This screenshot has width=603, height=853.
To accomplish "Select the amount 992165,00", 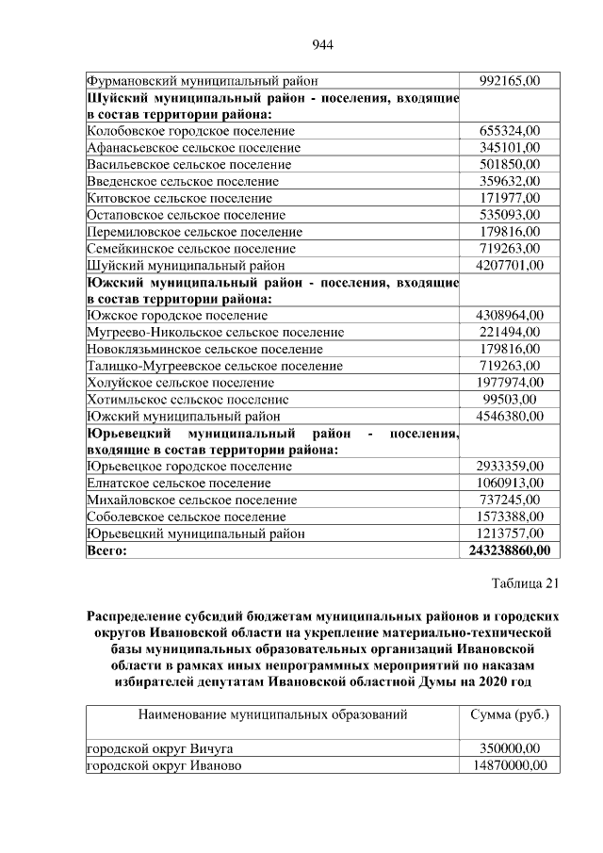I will coord(509,81).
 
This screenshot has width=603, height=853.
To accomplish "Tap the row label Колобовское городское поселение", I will coord(190,131).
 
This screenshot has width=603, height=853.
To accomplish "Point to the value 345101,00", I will coord(509,148).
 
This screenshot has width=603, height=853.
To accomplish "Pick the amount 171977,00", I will coord(509,198).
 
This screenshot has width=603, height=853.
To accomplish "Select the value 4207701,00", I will coord(509,265).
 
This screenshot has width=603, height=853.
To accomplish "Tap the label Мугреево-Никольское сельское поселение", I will coord(215,332).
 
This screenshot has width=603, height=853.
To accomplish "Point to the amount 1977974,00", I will coord(509,382).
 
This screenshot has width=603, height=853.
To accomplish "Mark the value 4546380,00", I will coord(509,416).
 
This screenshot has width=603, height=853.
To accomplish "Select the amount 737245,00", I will coord(509,500).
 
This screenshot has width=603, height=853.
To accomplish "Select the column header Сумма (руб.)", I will coord(509,714).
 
